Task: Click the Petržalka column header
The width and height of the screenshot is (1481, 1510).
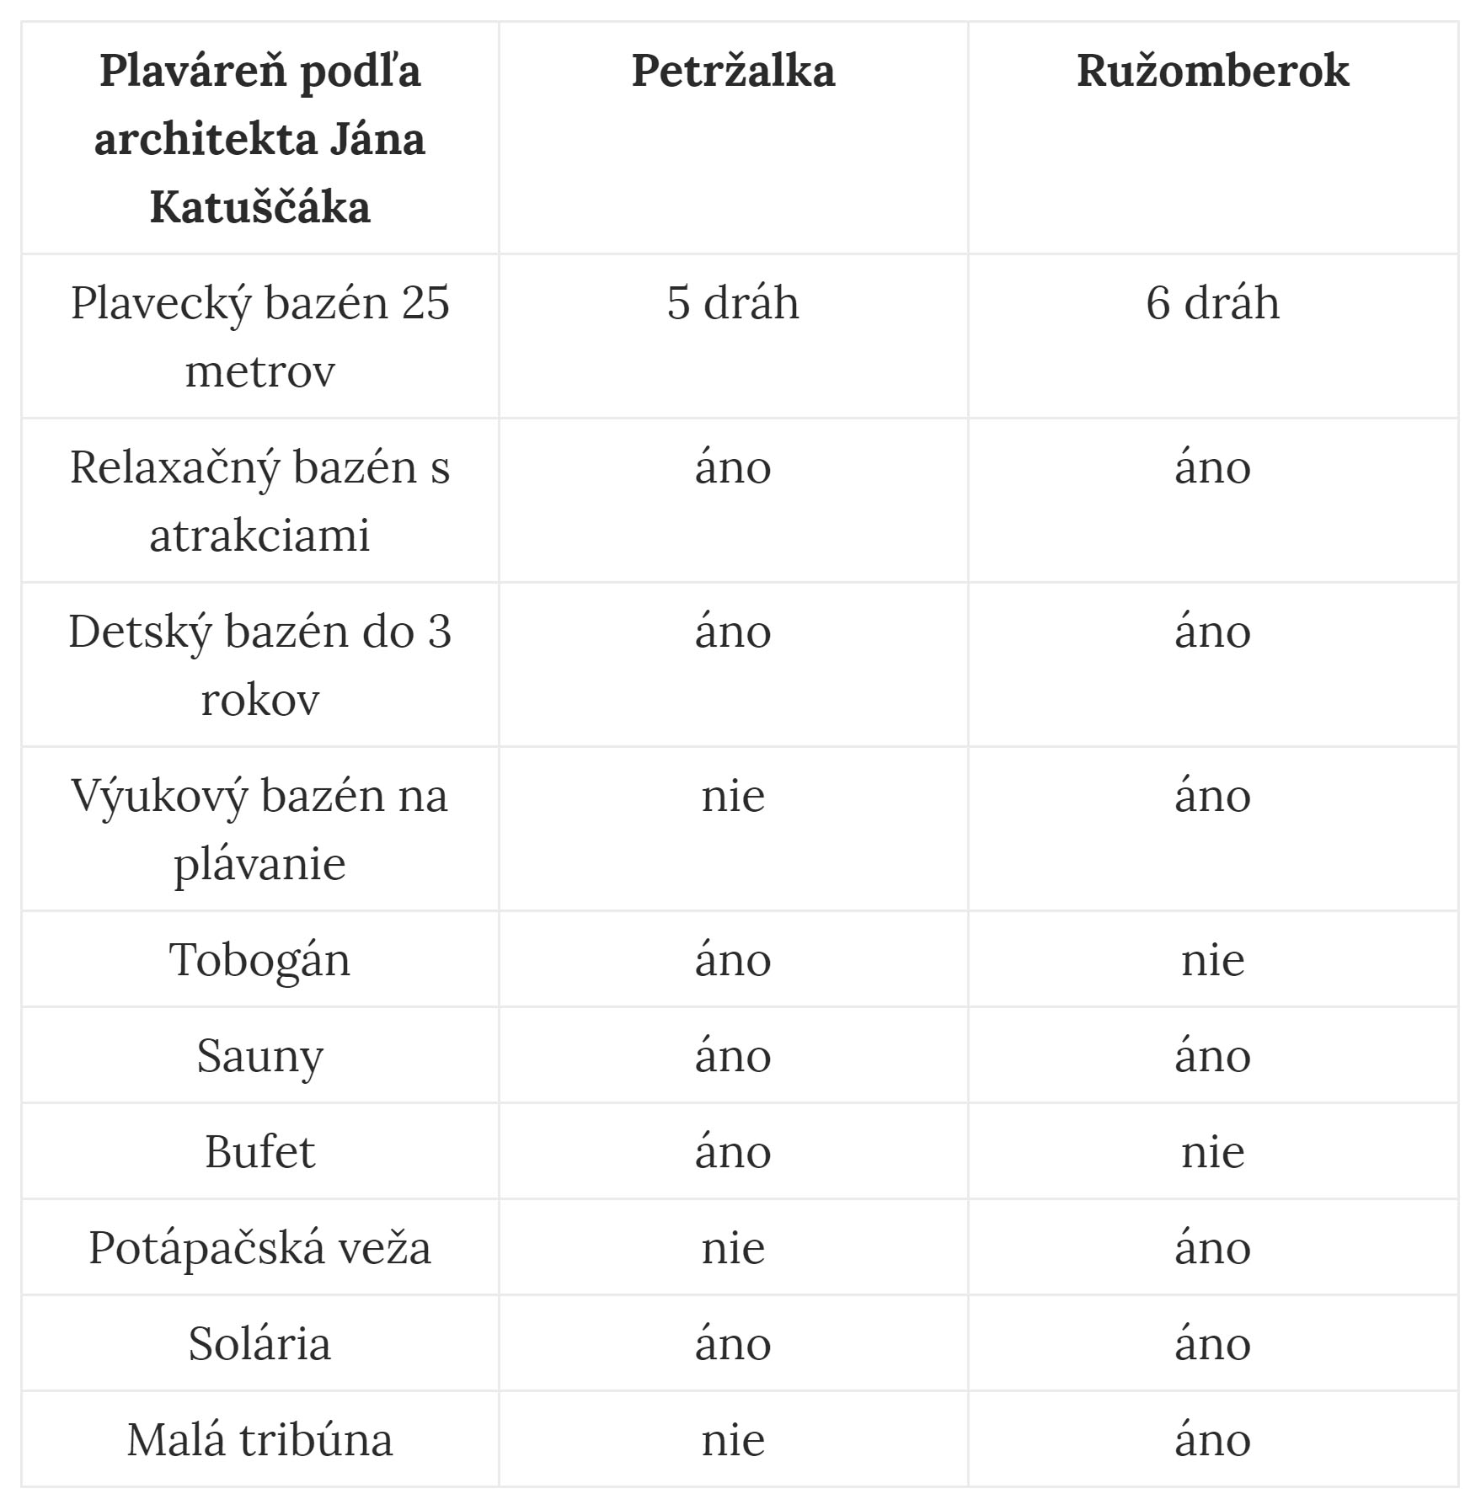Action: coord(733,71)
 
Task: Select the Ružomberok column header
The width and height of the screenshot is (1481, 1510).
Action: coord(1212,71)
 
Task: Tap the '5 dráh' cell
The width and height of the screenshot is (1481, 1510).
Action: coord(733,303)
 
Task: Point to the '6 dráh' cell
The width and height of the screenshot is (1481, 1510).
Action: coord(1212,303)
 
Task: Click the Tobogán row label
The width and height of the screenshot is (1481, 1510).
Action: coord(259,960)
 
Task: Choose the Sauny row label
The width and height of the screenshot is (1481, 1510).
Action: coord(259,1056)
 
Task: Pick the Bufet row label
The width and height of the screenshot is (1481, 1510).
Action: coord(259,1152)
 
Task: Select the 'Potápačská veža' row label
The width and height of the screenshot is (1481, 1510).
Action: coord(259,1248)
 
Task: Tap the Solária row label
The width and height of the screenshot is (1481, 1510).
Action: coord(259,1344)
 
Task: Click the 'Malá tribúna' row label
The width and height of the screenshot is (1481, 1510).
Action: coord(259,1440)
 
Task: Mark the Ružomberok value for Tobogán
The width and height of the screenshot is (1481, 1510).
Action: coord(1212,960)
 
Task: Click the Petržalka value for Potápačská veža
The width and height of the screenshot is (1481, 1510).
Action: coord(733,1248)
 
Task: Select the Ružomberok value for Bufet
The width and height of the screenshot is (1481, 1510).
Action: coord(1212,1152)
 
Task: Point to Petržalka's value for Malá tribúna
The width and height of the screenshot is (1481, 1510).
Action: coord(733,1440)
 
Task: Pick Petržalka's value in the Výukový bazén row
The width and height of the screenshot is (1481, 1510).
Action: coord(733,797)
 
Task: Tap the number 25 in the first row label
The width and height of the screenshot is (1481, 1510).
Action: coord(425,303)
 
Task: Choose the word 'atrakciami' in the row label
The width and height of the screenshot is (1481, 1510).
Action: coord(259,536)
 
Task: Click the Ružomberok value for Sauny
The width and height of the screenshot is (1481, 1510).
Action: coord(1212,1056)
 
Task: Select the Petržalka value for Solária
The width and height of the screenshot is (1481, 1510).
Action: coord(733,1344)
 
